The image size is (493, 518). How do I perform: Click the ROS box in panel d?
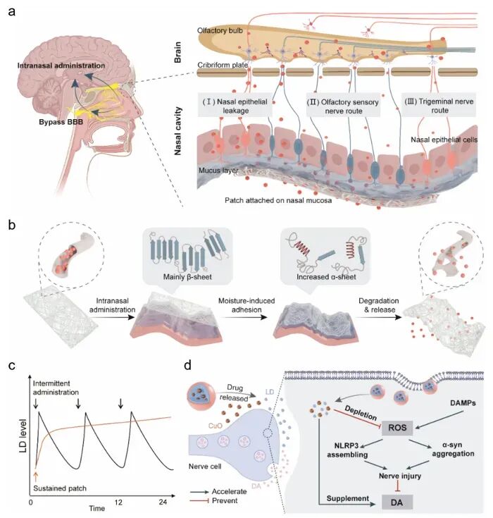pyautogui.click(x=397, y=428)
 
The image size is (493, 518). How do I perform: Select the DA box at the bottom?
pyautogui.click(x=397, y=502)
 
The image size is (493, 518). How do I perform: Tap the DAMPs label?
pyautogui.click(x=463, y=403)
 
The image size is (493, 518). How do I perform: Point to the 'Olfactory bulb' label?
pyautogui.click(x=220, y=31)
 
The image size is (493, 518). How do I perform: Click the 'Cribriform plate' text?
pyautogui.click(x=223, y=65)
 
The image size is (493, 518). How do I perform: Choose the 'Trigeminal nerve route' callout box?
pyautogui.click(x=439, y=106)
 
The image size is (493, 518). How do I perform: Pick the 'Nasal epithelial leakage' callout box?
pyautogui.click(x=235, y=106)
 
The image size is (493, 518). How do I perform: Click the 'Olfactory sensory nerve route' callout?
pyautogui.click(x=344, y=106)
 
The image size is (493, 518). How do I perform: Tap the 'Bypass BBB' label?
pyautogui.click(x=61, y=122)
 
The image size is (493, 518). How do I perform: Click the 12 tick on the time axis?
pyautogui.click(x=118, y=502)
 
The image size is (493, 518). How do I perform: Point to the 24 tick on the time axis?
pyautogui.click(x=163, y=502)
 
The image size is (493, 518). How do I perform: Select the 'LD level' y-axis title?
pyautogui.click(x=23, y=436)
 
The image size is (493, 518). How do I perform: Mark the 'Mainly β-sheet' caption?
pyautogui.click(x=187, y=277)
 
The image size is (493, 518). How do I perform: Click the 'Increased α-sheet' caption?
pyautogui.click(x=326, y=277)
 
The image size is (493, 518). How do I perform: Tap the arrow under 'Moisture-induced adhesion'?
pyautogui.click(x=246, y=317)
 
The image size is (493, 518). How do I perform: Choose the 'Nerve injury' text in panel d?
pyautogui.click(x=400, y=476)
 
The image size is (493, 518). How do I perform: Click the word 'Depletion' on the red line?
pyautogui.click(x=361, y=413)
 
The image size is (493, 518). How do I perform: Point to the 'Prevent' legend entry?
pyautogui.click(x=225, y=501)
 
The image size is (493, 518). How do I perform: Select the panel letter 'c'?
pyautogui.click(x=11, y=366)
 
